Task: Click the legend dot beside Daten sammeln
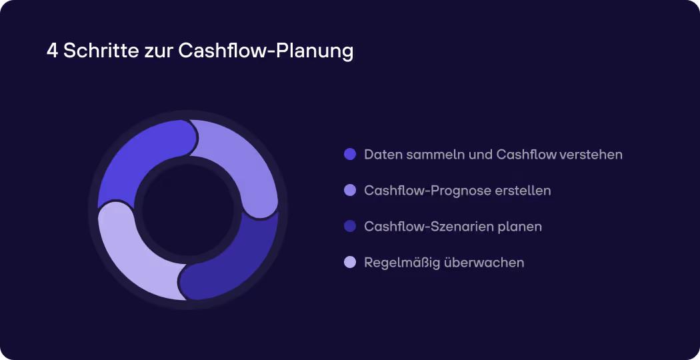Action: click(350, 155)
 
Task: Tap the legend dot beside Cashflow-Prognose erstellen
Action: click(350, 191)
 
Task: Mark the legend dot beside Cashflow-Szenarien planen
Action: click(350, 227)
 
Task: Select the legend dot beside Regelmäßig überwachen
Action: click(350, 263)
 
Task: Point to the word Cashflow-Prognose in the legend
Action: click(427, 191)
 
